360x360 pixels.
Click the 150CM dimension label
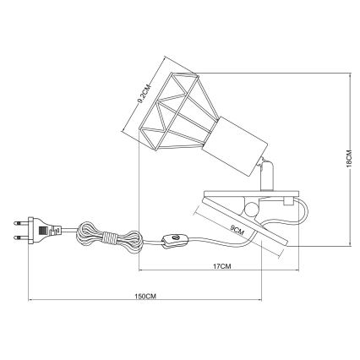point(145,296)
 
